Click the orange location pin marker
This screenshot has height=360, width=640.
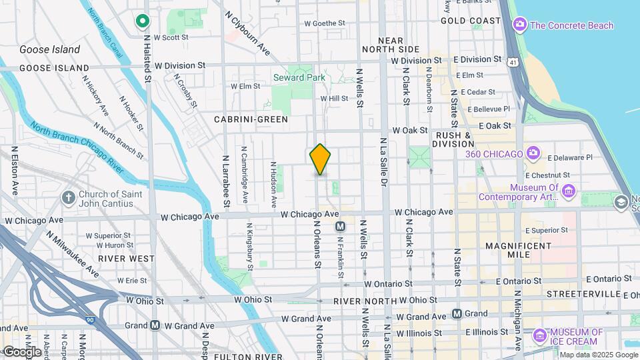321,159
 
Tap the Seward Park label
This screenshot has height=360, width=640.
299,77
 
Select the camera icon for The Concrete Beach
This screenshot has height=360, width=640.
519,25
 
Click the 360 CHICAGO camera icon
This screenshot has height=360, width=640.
532,153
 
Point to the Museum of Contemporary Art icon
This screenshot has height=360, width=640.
569,192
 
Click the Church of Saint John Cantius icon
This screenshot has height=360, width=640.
67,198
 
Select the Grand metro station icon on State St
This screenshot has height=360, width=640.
457,313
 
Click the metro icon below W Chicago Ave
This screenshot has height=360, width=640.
340,227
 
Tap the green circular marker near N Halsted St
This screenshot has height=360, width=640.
141,21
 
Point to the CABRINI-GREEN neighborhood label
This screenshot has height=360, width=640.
251,119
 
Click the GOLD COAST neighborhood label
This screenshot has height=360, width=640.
470,21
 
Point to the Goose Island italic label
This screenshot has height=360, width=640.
49,49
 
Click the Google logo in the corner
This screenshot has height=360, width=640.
22,352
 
